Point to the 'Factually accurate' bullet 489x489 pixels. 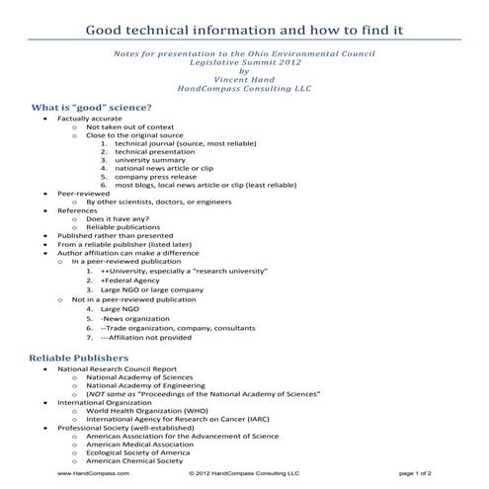[x=90, y=119]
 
